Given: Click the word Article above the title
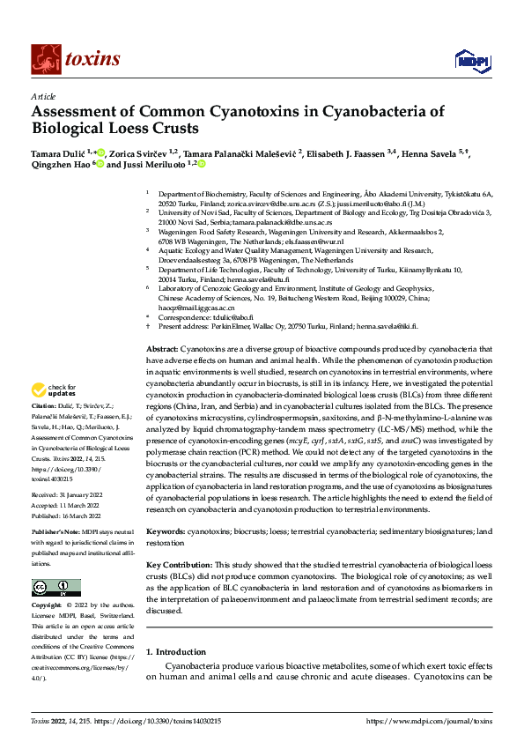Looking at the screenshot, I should point(42,96).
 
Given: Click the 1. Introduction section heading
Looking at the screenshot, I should point(175,653).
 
